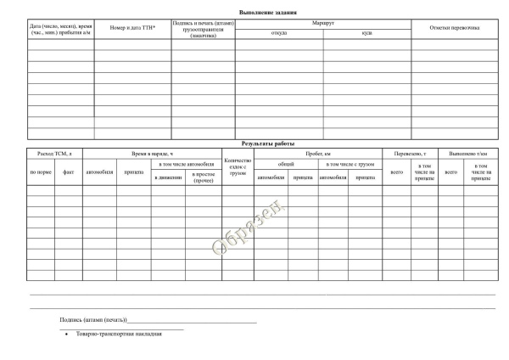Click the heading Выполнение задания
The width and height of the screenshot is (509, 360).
(x=255, y=8)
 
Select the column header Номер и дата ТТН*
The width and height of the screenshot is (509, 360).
(x=132, y=28)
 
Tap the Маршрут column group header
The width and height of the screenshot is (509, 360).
(x=323, y=22)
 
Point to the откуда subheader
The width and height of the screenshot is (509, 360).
(x=278, y=33)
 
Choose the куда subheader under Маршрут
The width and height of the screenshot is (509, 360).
(x=366, y=33)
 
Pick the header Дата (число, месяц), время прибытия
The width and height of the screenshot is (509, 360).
(x=59, y=28)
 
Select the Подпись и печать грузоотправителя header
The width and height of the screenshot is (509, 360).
(x=203, y=28)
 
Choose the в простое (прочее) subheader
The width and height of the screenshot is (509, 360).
(x=204, y=178)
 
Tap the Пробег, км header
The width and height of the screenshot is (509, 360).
(x=316, y=153)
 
